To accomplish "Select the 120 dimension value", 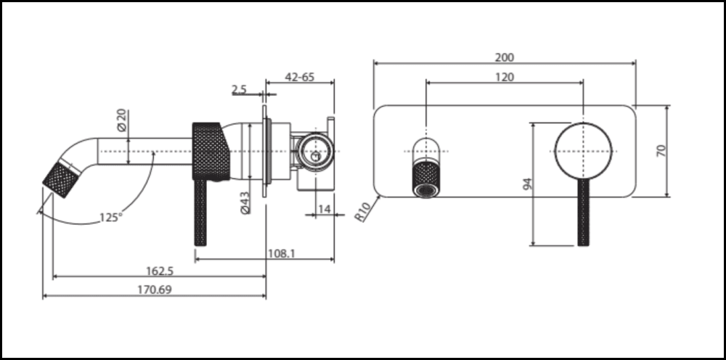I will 505,77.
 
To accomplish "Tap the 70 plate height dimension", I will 660,150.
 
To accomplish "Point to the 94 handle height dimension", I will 528,184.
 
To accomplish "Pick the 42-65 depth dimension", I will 299,77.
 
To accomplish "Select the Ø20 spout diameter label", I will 122,120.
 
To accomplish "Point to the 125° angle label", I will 110,216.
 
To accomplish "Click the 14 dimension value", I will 324,209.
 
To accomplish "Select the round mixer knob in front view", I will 583,150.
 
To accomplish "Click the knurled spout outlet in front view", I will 425,179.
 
